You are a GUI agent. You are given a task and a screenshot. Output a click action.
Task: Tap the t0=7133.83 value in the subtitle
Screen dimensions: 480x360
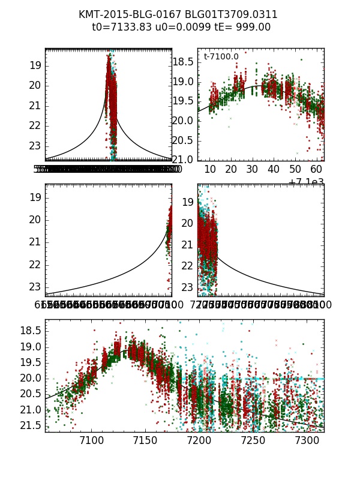[120, 27]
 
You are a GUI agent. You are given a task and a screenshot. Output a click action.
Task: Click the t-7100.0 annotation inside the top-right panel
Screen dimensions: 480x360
[221, 57]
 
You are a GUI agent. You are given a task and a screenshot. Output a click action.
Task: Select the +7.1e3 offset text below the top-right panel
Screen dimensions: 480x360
[306, 182]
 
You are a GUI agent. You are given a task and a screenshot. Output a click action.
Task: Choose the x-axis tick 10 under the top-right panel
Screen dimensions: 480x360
[210, 170]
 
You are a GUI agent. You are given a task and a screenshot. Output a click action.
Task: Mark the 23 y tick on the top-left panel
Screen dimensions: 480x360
[34, 146]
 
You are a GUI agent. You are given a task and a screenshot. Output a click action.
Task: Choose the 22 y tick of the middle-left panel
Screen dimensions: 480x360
[34, 265]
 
